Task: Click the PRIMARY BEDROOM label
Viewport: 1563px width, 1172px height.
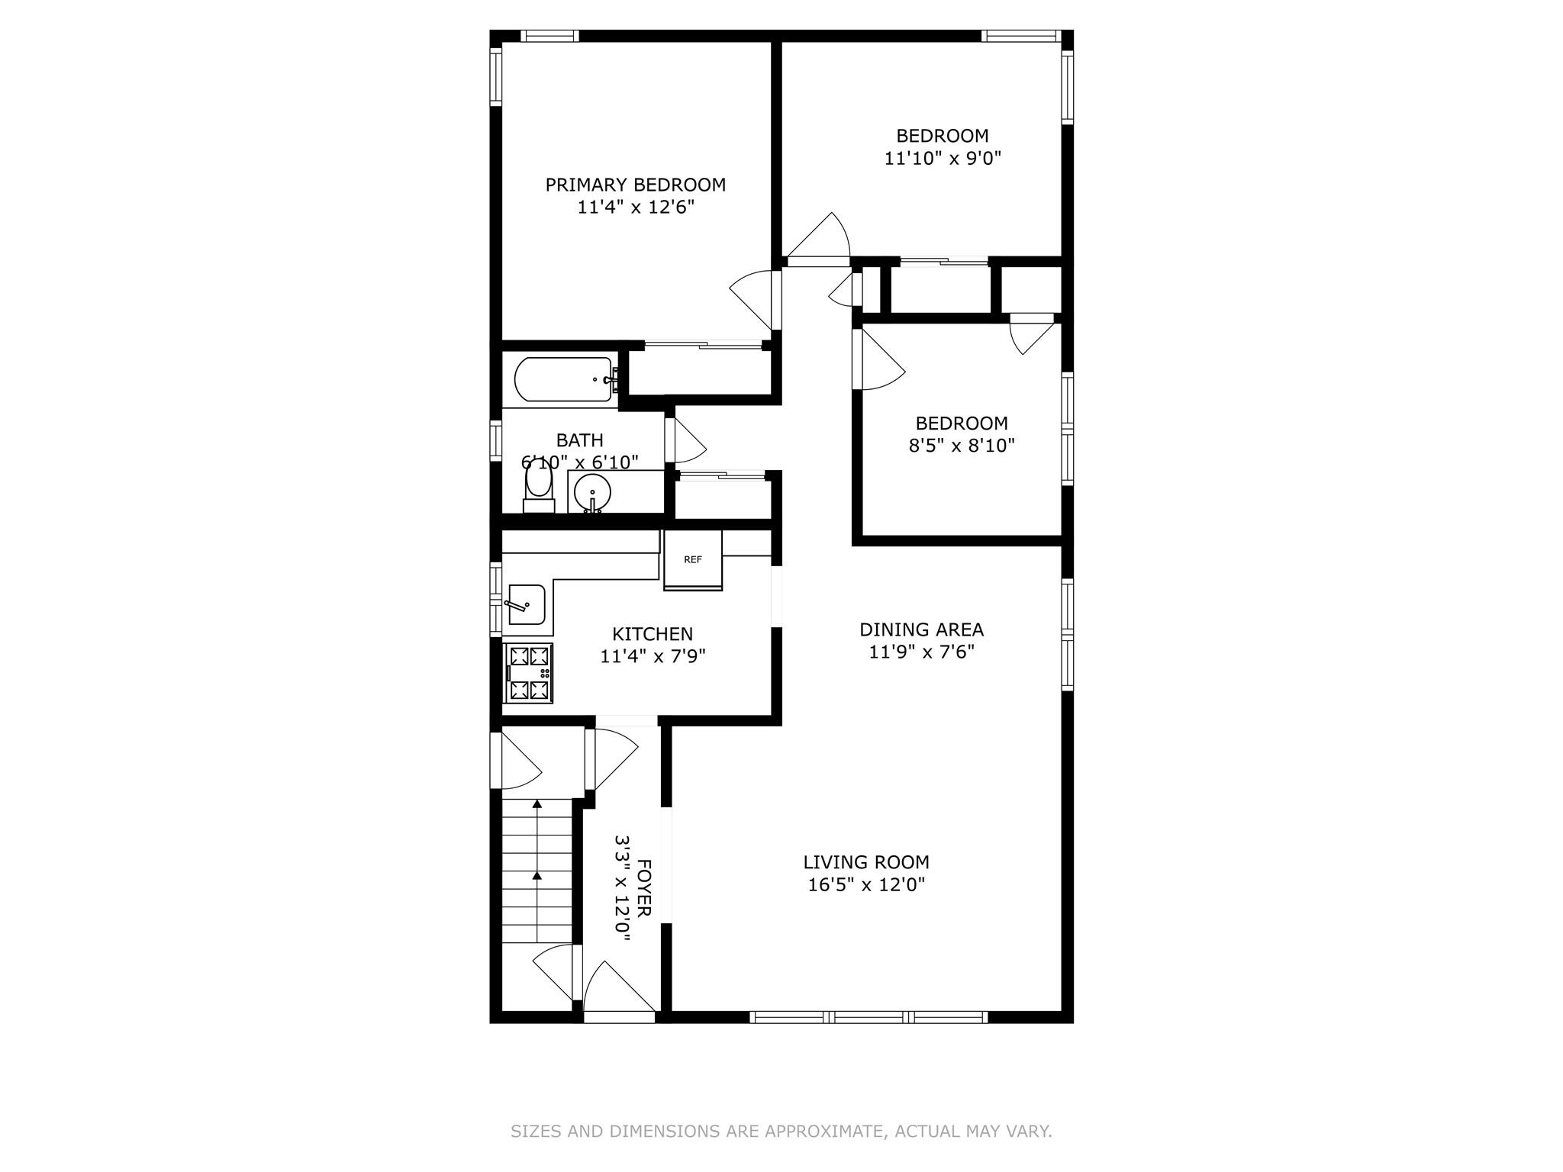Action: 635,185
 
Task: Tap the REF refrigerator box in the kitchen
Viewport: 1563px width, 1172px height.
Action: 692,560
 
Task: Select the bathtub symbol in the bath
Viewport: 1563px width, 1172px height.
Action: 564,379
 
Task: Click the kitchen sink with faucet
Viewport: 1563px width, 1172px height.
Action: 526,605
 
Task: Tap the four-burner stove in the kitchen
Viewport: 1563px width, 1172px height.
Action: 529,673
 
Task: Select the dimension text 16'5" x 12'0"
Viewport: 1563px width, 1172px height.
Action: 866,885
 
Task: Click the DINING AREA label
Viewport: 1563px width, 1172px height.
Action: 921,629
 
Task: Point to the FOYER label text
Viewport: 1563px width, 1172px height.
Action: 643,888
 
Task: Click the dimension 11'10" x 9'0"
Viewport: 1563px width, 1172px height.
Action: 943,159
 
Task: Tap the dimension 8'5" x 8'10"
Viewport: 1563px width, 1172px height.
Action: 962,446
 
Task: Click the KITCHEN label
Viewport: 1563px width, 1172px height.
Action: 653,634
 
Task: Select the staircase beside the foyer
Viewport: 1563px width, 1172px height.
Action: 537,870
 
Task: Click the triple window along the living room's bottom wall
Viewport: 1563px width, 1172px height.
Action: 869,1016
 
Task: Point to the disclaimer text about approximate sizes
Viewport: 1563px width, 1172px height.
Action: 781,1131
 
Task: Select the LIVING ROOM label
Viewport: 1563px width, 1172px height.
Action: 866,862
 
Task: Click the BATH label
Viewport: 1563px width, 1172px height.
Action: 579,440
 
